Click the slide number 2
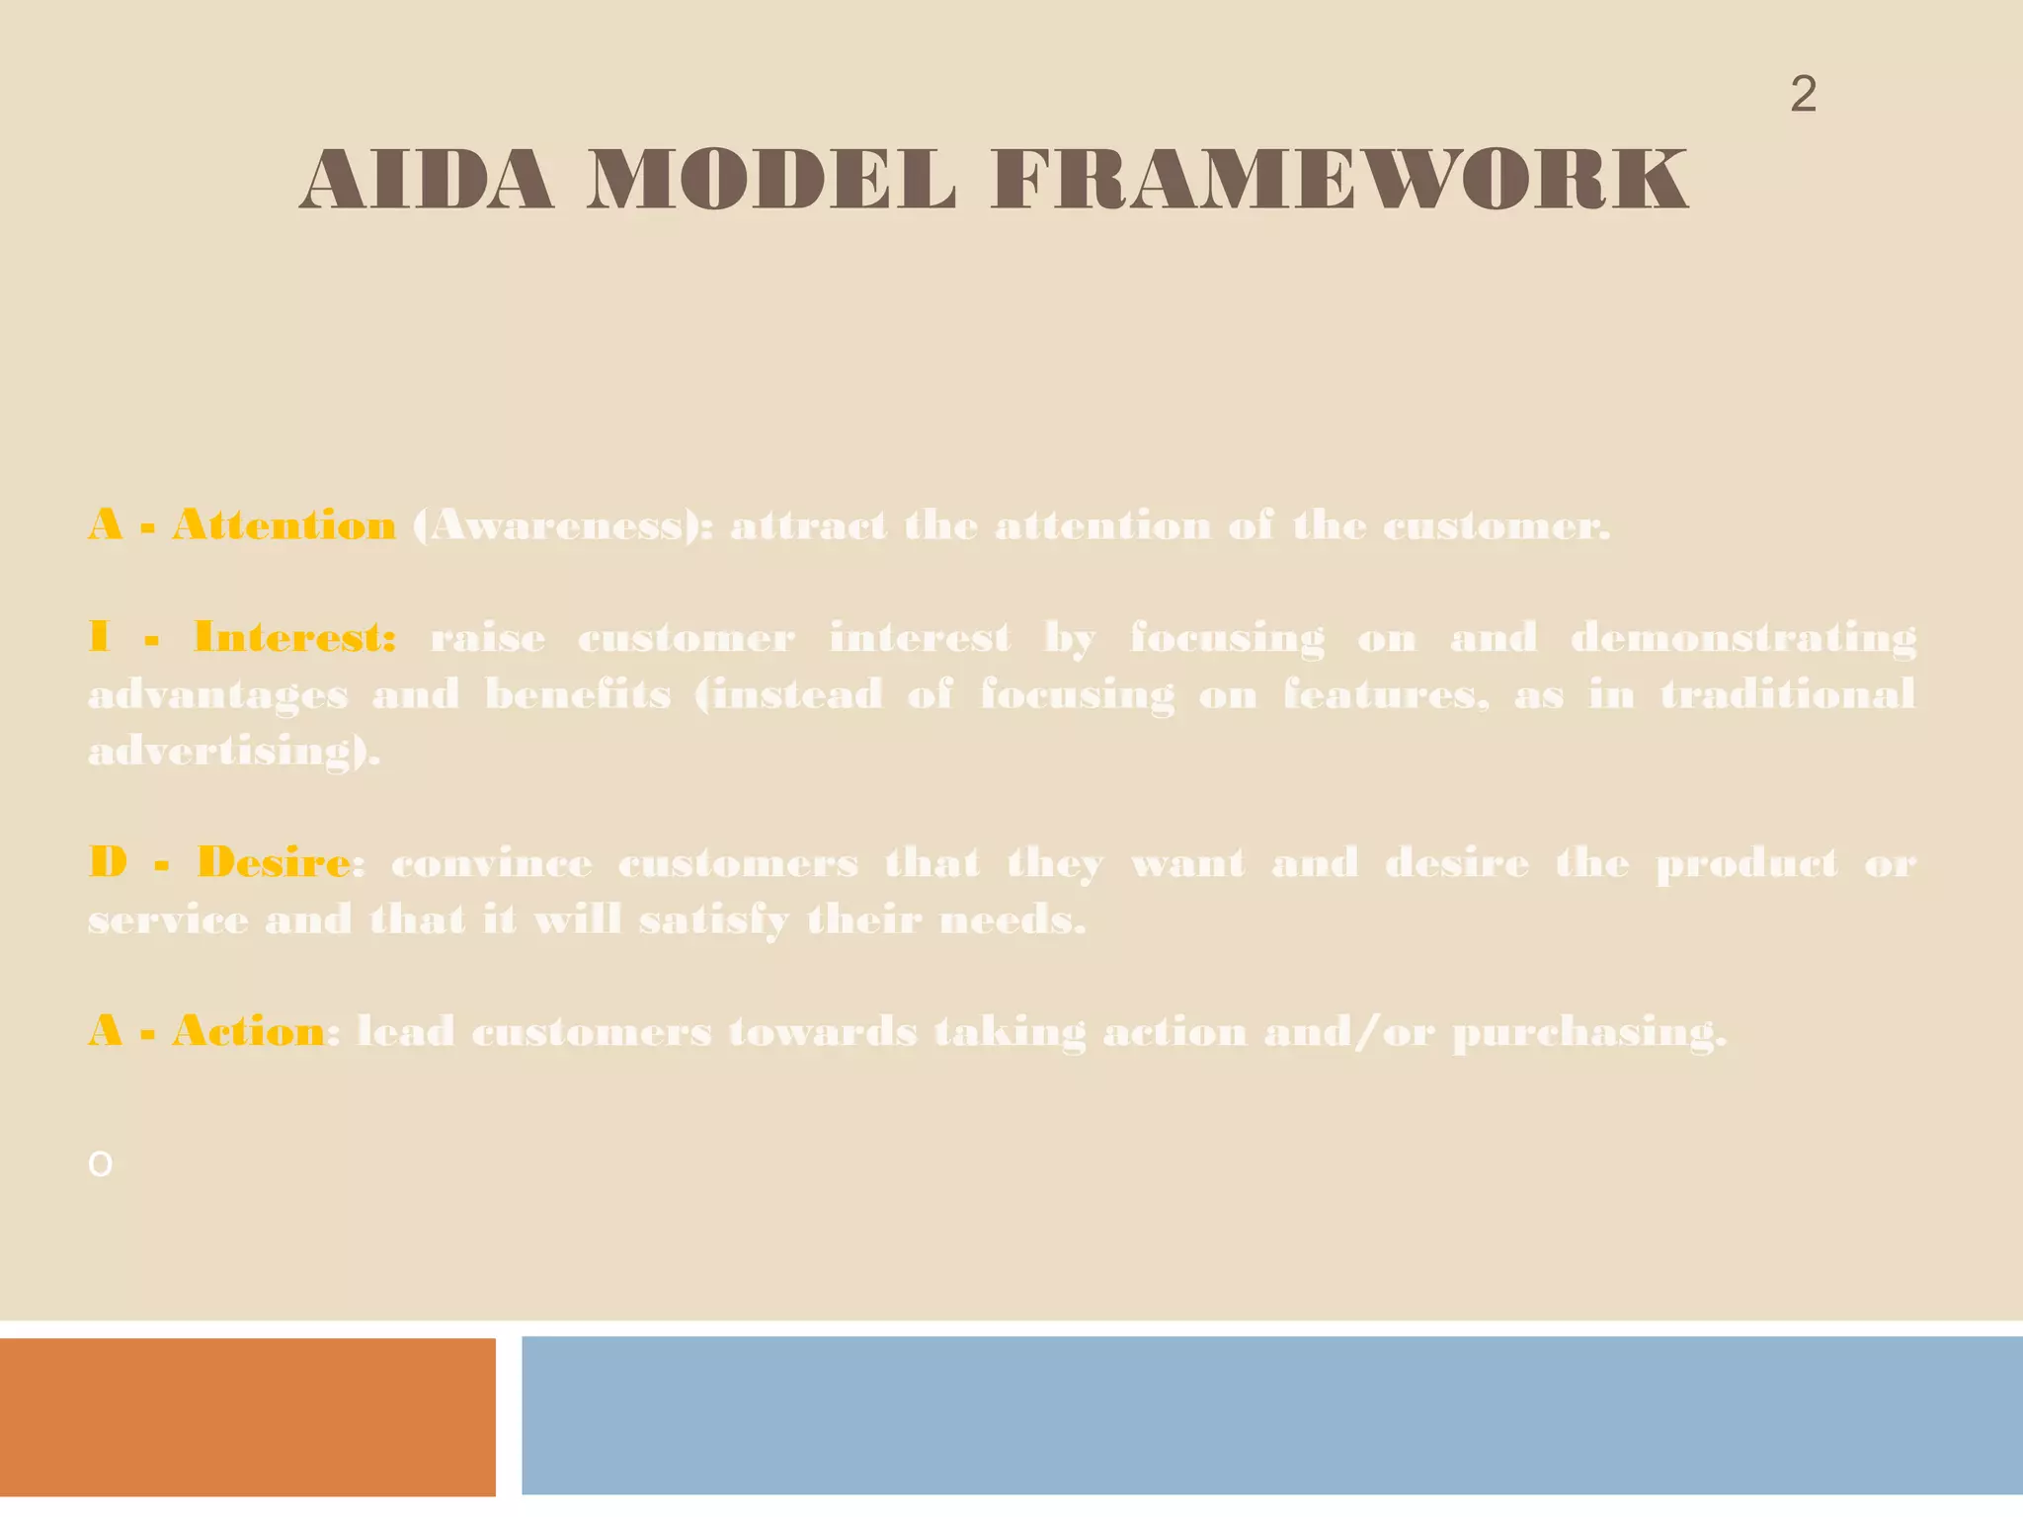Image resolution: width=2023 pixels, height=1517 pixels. (1803, 95)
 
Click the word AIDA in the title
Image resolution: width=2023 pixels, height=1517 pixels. (426, 181)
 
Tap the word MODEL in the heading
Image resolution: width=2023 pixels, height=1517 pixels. (770, 181)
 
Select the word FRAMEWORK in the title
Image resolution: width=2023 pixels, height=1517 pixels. (1339, 181)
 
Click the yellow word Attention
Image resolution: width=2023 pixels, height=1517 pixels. (284, 525)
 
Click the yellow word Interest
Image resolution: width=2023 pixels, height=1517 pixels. (294, 638)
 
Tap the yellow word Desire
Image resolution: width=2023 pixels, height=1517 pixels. (273, 863)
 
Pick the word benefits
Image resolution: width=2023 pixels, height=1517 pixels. (578, 695)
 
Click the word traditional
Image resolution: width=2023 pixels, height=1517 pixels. (1788, 695)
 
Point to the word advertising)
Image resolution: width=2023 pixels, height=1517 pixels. (234, 753)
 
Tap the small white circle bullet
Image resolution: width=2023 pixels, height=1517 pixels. (100, 1164)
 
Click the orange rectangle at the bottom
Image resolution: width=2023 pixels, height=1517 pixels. (247, 1416)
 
